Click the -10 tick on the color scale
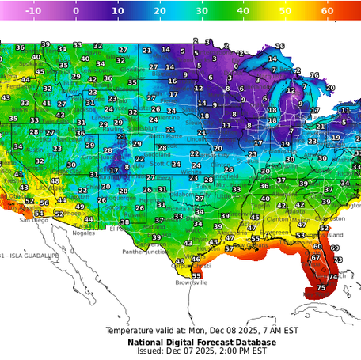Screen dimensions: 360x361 (x=33, y=12)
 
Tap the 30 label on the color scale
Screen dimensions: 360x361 (x=202, y=12)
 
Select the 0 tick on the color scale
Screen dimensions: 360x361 (x=75, y=12)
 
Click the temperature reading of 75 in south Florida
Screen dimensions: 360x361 (x=321, y=288)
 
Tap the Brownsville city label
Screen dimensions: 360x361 (x=191, y=282)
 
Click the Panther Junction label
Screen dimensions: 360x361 (x=144, y=252)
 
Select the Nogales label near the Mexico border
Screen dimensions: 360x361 (x=82, y=233)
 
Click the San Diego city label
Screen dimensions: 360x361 (x=34, y=220)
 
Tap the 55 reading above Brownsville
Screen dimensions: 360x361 (x=196, y=275)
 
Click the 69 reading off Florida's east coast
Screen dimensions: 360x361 (x=335, y=248)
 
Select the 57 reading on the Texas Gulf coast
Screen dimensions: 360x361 (x=229, y=248)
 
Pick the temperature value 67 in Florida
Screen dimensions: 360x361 (x=316, y=257)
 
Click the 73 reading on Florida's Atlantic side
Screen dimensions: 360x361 (x=337, y=260)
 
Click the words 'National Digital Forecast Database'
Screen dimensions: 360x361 (x=202, y=342)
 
